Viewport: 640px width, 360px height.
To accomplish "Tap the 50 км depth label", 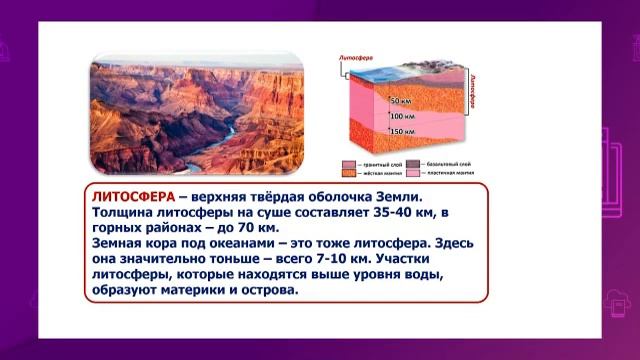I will [402, 101].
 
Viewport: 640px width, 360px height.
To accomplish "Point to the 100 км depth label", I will [403, 117].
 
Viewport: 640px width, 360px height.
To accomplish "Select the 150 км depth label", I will [403, 132].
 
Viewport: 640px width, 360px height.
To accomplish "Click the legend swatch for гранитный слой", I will [347, 162].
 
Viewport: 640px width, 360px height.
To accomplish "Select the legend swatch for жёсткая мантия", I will [347, 172].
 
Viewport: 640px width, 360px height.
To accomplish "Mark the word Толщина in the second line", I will [123, 213].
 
